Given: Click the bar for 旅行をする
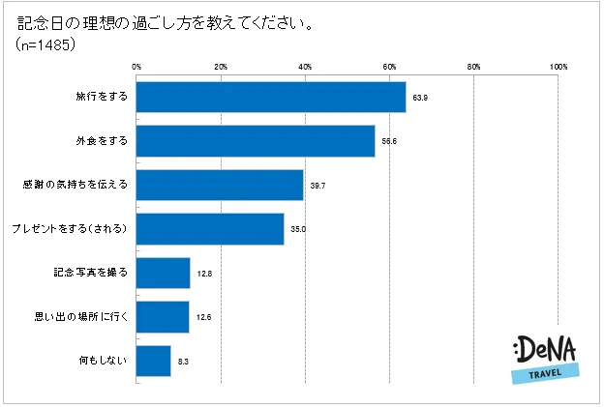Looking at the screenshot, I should (271, 98).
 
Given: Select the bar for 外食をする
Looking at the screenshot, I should (256, 141).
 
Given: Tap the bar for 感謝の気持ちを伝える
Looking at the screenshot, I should (220, 185).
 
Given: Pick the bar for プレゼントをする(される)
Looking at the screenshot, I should (210, 229).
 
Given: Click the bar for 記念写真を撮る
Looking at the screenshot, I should (163, 273).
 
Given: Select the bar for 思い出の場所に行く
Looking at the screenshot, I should (163, 316).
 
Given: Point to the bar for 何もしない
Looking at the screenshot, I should (154, 361).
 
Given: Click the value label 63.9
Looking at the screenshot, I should (420, 99).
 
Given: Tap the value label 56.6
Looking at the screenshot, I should (389, 142).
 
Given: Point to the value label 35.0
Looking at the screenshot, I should (298, 230).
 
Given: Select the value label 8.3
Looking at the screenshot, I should (184, 362).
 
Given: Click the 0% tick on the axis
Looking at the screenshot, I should (136, 66).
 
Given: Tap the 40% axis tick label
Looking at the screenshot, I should (305, 66).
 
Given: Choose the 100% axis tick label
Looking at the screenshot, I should (559, 66).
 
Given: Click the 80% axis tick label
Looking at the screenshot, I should (474, 66).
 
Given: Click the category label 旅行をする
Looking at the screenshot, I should (101, 98).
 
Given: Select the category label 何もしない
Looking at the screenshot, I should (104, 361).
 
